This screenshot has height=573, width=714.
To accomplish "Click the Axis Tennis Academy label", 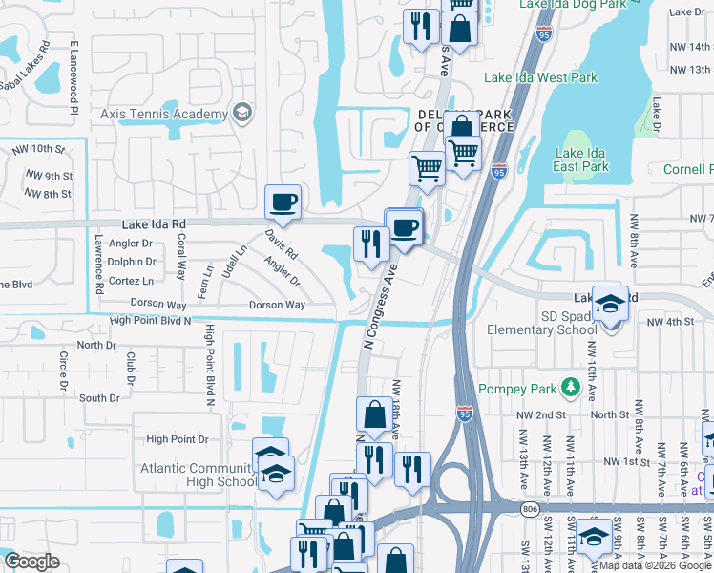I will click(x=164, y=113).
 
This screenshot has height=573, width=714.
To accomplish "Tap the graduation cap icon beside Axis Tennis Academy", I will click(x=241, y=113).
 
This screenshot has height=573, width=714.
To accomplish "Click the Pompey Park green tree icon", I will click(x=571, y=387).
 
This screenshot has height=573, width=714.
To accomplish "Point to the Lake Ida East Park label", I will click(x=581, y=159).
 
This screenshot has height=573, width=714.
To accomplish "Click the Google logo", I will click(x=31, y=562).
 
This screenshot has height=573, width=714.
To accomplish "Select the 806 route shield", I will click(x=531, y=511).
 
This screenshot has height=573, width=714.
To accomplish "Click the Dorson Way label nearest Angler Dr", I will click(x=277, y=305).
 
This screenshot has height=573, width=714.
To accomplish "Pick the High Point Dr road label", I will click(x=177, y=439).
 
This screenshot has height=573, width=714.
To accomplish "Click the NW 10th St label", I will click(x=37, y=149).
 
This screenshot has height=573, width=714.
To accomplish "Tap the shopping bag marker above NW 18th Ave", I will click(x=372, y=416).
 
